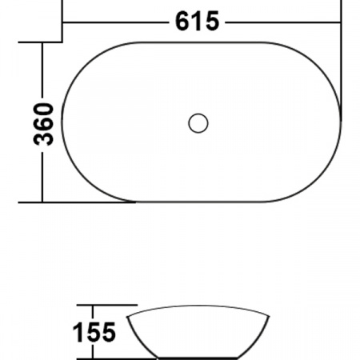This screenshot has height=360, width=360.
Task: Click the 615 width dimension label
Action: click(x=197, y=22)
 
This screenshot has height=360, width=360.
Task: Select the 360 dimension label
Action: click(x=46, y=123)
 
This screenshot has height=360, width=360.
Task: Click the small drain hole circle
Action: click(x=198, y=123)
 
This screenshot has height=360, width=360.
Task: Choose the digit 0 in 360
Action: click(x=46, y=108)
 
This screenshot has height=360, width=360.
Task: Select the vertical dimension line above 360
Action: click(x=41, y=68)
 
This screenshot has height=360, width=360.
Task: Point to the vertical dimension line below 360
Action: click(x=41, y=176)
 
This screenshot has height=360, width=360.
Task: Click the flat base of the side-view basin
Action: click(x=198, y=357)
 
